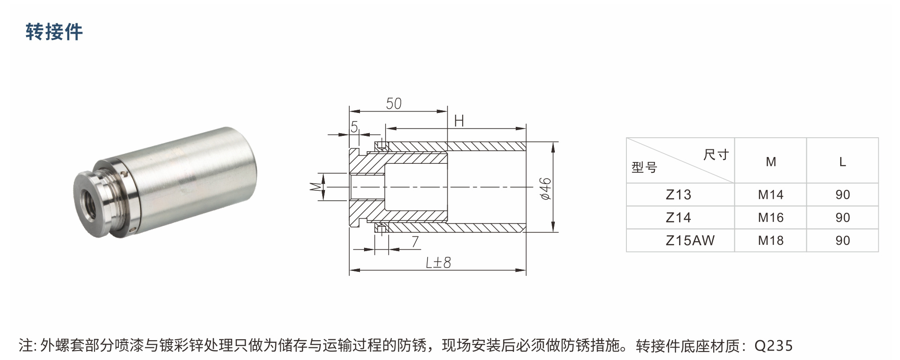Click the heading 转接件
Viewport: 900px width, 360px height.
(54, 32)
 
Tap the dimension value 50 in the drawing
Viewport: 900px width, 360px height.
(394, 104)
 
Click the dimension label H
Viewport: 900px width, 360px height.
(459, 121)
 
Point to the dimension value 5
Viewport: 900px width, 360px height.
(354, 127)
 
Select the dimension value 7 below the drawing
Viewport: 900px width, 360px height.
(415, 242)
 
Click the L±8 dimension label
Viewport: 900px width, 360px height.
(438, 262)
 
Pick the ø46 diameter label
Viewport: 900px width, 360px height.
(545, 189)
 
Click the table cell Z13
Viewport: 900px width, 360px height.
(678, 195)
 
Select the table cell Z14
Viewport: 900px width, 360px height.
(678, 218)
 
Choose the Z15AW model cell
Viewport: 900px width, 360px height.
(690, 241)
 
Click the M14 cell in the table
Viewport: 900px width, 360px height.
(770, 195)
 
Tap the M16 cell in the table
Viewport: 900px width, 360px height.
(770, 218)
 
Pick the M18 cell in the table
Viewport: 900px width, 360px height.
(770, 241)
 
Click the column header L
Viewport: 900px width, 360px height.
(842, 162)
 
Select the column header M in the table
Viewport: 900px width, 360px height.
(771, 162)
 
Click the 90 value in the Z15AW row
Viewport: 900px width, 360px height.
(842, 241)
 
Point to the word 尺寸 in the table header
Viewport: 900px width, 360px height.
(716, 155)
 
